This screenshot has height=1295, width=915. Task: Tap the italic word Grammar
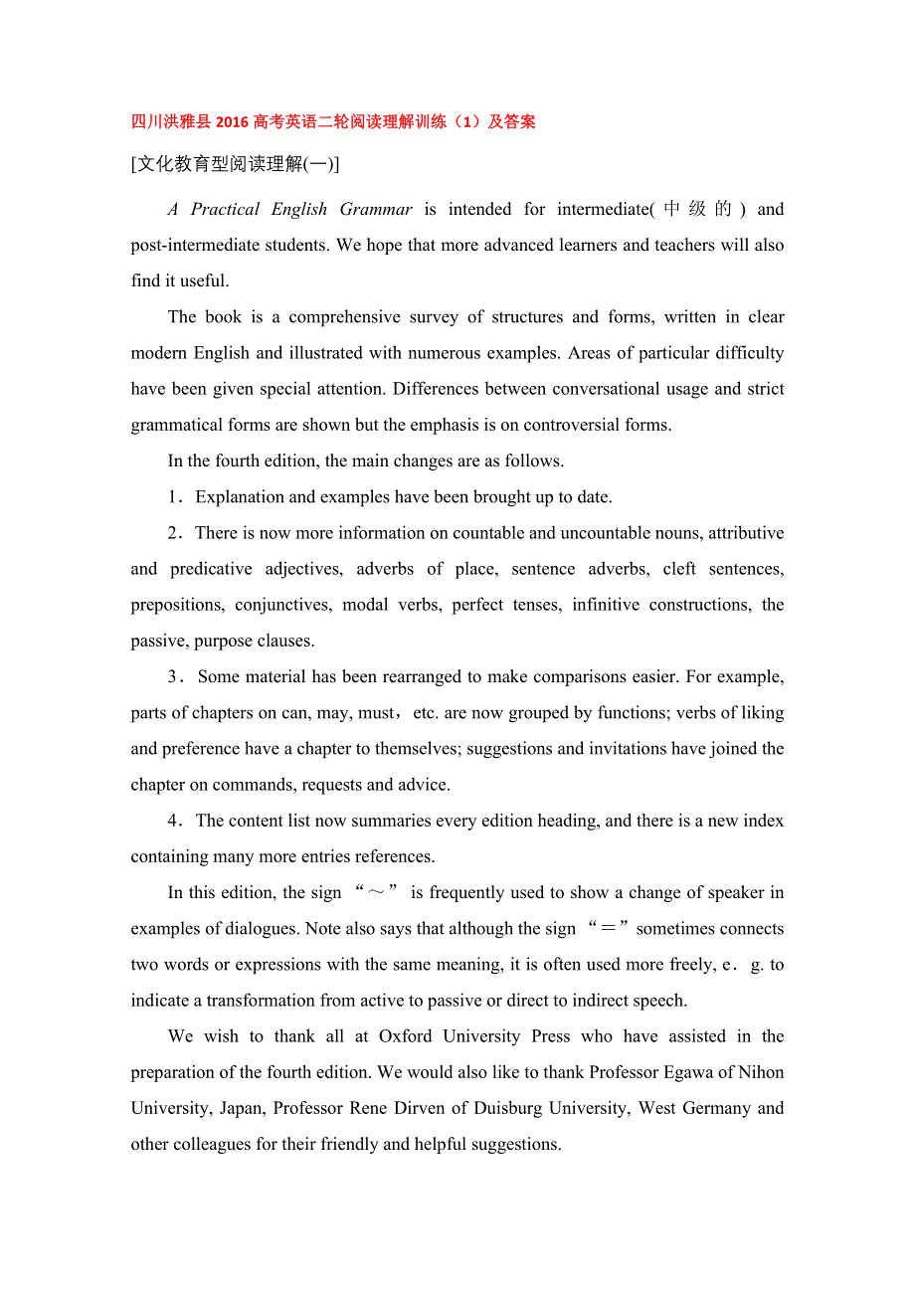[x=376, y=209]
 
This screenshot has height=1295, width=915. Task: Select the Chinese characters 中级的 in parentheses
[x=698, y=209]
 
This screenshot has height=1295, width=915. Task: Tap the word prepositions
[x=176, y=605]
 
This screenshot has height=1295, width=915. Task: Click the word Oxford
[x=406, y=1036]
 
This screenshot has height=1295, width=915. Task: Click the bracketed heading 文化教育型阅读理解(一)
[x=235, y=164]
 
